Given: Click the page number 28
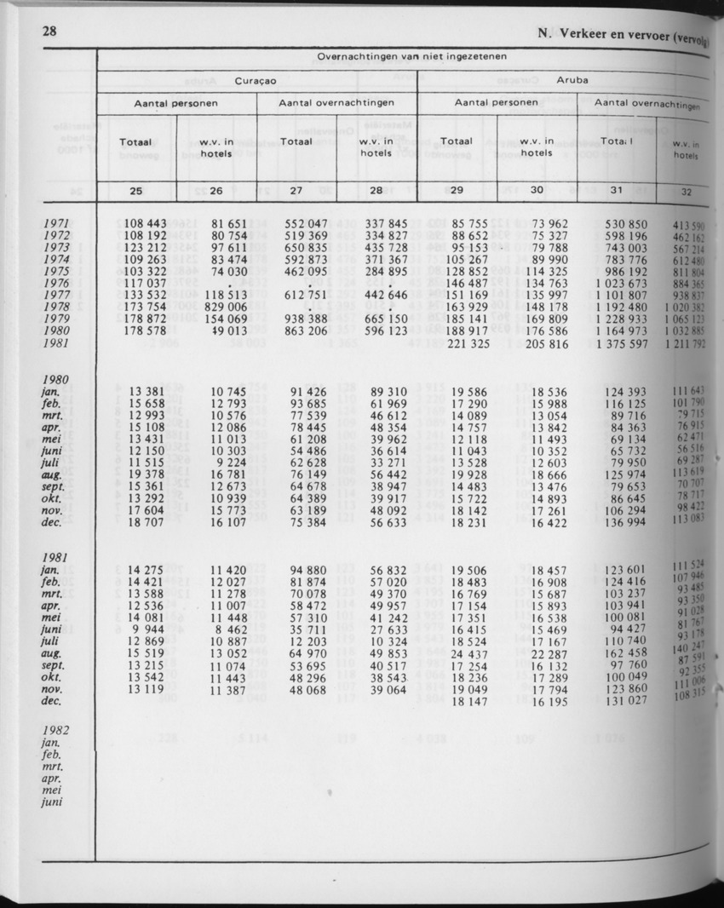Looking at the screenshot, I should [x=49, y=32].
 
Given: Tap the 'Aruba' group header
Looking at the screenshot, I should [x=572, y=79].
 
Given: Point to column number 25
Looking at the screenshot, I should [x=135, y=191].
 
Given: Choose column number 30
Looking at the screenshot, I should [x=537, y=191].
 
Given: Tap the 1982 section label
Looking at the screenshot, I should [x=55, y=730].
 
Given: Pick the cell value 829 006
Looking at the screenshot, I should [x=224, y=307].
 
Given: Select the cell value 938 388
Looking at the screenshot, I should [x=307, y=319].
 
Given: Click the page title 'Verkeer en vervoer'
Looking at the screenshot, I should [x=612, y=37].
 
